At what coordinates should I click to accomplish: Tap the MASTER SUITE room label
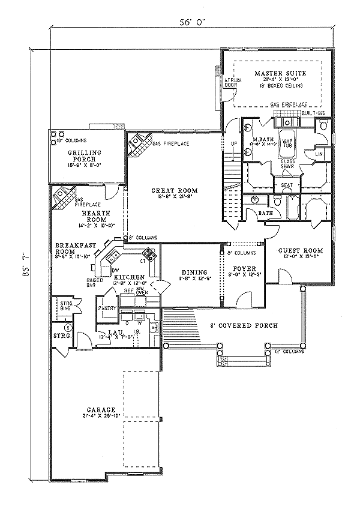pos(280,73)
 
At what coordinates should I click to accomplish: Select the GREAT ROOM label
pos(173,190)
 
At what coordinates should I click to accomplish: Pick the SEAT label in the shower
pos(286,185)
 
